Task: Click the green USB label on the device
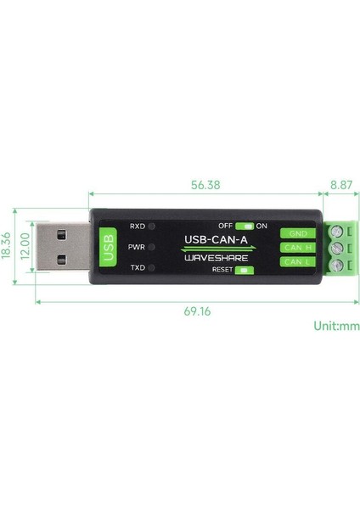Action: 108,247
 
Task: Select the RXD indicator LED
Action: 151,227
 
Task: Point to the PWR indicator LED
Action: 151,247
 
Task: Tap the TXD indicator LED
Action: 151,267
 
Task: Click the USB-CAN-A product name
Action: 217,238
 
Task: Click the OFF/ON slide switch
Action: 245,227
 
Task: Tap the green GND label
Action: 297,233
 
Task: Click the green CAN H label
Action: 297,248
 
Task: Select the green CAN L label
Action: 297,262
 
